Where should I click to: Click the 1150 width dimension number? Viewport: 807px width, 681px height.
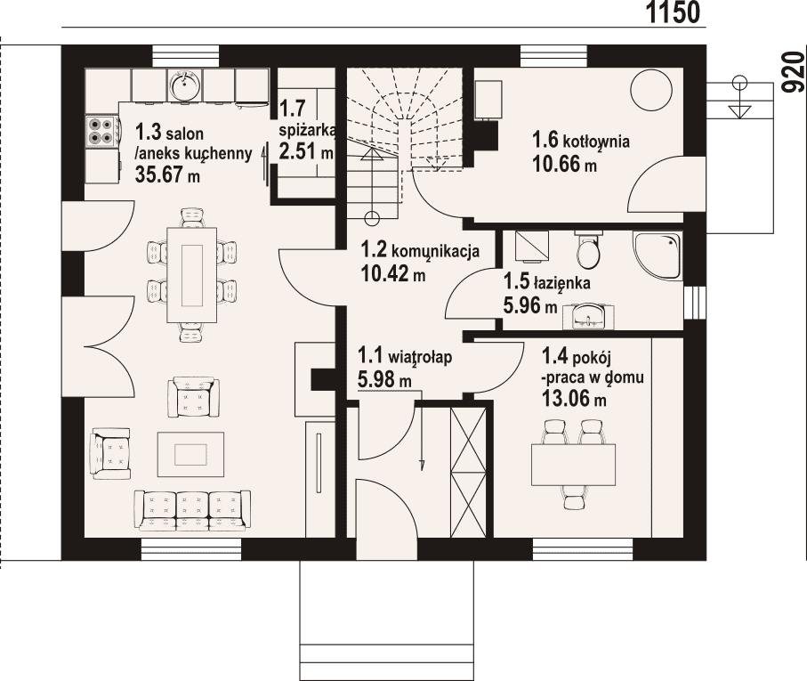tap(673, 12)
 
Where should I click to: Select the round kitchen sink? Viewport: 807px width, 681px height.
tap(184, 85)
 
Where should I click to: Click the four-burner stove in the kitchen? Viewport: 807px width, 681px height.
tap(101, 131)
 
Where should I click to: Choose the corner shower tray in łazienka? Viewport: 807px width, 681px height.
tap(658, 255)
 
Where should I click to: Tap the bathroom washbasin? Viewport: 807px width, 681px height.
tap(588, 316)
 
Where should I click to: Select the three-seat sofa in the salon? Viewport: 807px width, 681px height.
tap(192, 509)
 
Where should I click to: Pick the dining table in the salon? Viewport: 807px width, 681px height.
tap(191, 274)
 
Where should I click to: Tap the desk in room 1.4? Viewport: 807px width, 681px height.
tap(573, 465)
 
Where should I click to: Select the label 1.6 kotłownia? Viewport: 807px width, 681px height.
tap(580, 140)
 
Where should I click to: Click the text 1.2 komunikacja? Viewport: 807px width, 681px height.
tap(421, 251)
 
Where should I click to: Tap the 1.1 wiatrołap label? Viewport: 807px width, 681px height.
tap(405, 356)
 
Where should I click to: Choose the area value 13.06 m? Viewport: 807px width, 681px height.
tap(574, 398)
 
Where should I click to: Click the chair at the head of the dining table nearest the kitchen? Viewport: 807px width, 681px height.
tap(191, 217)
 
